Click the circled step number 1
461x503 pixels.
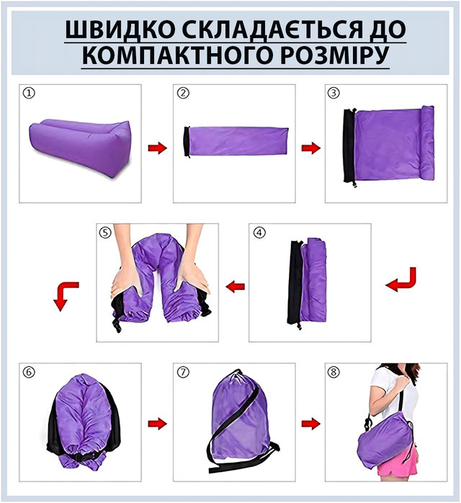tap(29, 94)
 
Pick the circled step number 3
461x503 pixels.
tap(334, 93)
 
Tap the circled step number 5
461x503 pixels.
tap(105, 232)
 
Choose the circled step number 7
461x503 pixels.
tap(183, 372)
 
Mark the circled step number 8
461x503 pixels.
tap(334, 372)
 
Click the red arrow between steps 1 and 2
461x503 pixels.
tap(157, 148)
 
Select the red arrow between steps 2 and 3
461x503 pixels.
tap(310, 148)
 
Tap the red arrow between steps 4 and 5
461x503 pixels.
tap(236, 286)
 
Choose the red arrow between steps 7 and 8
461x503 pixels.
tap(310, 424)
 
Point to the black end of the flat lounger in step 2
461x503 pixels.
tap(187, 142)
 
